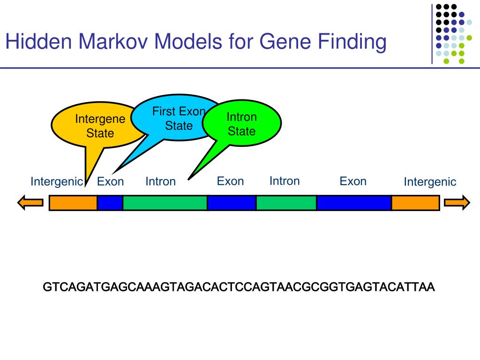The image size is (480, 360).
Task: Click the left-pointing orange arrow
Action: pos(30,203)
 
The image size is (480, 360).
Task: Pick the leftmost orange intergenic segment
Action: pos(73,203)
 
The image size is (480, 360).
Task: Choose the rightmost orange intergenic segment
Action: pos(415,203)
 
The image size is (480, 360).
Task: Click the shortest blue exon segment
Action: pos(110,203)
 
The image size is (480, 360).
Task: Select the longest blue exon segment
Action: pos(354,203)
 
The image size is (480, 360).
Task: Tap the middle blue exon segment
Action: pos(232,203)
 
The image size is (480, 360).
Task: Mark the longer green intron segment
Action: pos(165,203)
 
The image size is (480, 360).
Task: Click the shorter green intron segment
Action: pos(286,203)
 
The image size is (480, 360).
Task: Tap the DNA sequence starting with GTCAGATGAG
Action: pos(239,287)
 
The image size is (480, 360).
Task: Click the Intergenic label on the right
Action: pos(430,182)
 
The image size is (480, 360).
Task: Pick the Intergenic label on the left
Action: pos(57,182)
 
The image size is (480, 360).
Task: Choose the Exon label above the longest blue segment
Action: pos(353,181)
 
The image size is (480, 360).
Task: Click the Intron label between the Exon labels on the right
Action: pos(285,181)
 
